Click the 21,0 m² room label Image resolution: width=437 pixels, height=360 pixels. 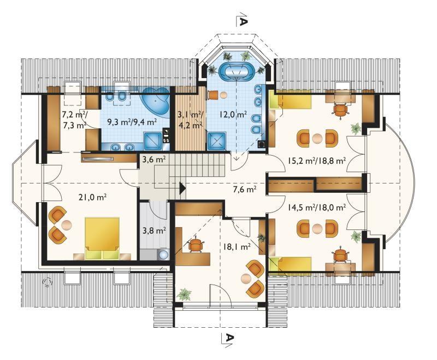pos(92,198)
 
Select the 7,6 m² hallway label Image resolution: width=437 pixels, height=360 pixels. pos(244,190)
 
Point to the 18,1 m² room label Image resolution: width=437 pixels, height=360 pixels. pos(237,246)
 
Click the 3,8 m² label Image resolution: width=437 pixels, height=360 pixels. pos(155,231)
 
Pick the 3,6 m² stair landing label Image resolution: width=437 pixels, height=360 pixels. pos(154,160)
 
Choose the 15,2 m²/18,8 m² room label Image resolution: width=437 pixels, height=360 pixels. pos(317,160)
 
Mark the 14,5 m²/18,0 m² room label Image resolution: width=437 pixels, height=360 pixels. pos(317,207)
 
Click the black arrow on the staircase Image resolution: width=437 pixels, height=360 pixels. pos(182,188)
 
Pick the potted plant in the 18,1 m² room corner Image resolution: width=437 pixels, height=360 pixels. pos(184,294)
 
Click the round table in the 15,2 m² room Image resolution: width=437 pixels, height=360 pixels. pos(317,138)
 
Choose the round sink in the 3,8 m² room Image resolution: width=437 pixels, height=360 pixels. pos(164,255)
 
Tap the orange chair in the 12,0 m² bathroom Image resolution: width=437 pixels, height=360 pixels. pos(212,95)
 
